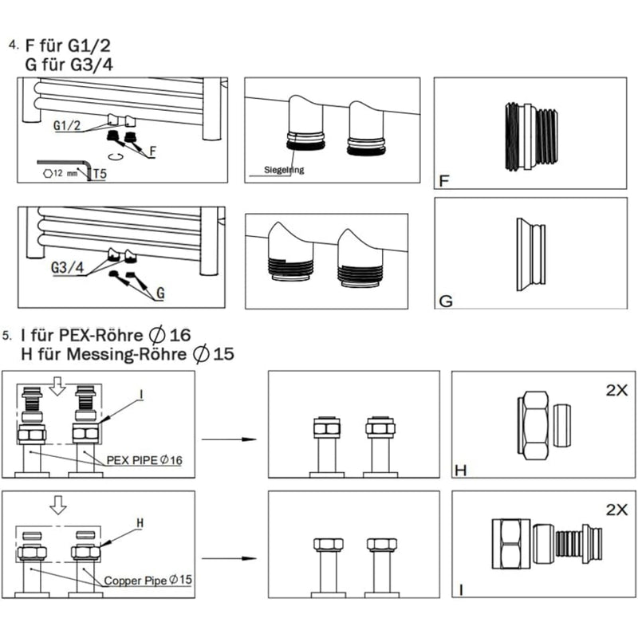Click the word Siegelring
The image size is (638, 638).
(x=285, y=170)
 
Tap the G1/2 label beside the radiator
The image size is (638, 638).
(x=68, y=126)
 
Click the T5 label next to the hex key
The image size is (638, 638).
(x=101, y=172)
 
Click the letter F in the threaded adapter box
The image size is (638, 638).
(x=444, y=181)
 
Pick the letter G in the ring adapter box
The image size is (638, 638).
(x=446, y=301)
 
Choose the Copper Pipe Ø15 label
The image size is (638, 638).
(x=148, y=581)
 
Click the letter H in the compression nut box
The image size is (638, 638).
(x=459, y=468)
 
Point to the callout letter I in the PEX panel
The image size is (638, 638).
(x=141, y=394)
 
